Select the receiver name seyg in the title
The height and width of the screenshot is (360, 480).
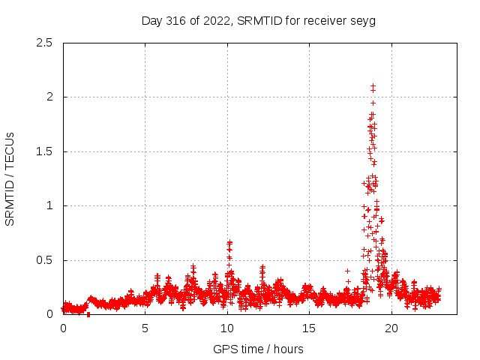(x=362, y=20)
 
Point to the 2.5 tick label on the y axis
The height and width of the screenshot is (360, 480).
(x=44, y=43)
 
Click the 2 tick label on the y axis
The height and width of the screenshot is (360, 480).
(x=49, y=97)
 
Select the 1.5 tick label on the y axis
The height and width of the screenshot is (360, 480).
(x=44, y=151)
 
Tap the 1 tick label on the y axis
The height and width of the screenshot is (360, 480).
(x=49, y=205)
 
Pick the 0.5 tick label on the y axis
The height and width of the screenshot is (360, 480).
(x=44, y=260)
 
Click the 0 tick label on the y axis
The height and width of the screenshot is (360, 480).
(x=49, y=314)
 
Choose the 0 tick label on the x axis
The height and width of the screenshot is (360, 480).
(x=63, y=328)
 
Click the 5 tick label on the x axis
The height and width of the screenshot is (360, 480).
(x=145, y=328)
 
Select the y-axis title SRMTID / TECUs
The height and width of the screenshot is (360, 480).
(x=10, y=178)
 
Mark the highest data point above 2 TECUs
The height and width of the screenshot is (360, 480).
(x=373, y=86)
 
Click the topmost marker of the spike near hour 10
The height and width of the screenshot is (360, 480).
(x=229, y=242)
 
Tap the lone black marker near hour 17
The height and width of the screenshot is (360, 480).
(x=347, y=271)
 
